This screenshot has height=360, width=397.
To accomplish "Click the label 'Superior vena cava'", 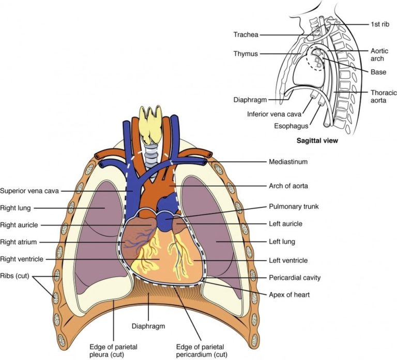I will click(30, 190).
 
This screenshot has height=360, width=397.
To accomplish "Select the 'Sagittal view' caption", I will click(314, 140).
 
